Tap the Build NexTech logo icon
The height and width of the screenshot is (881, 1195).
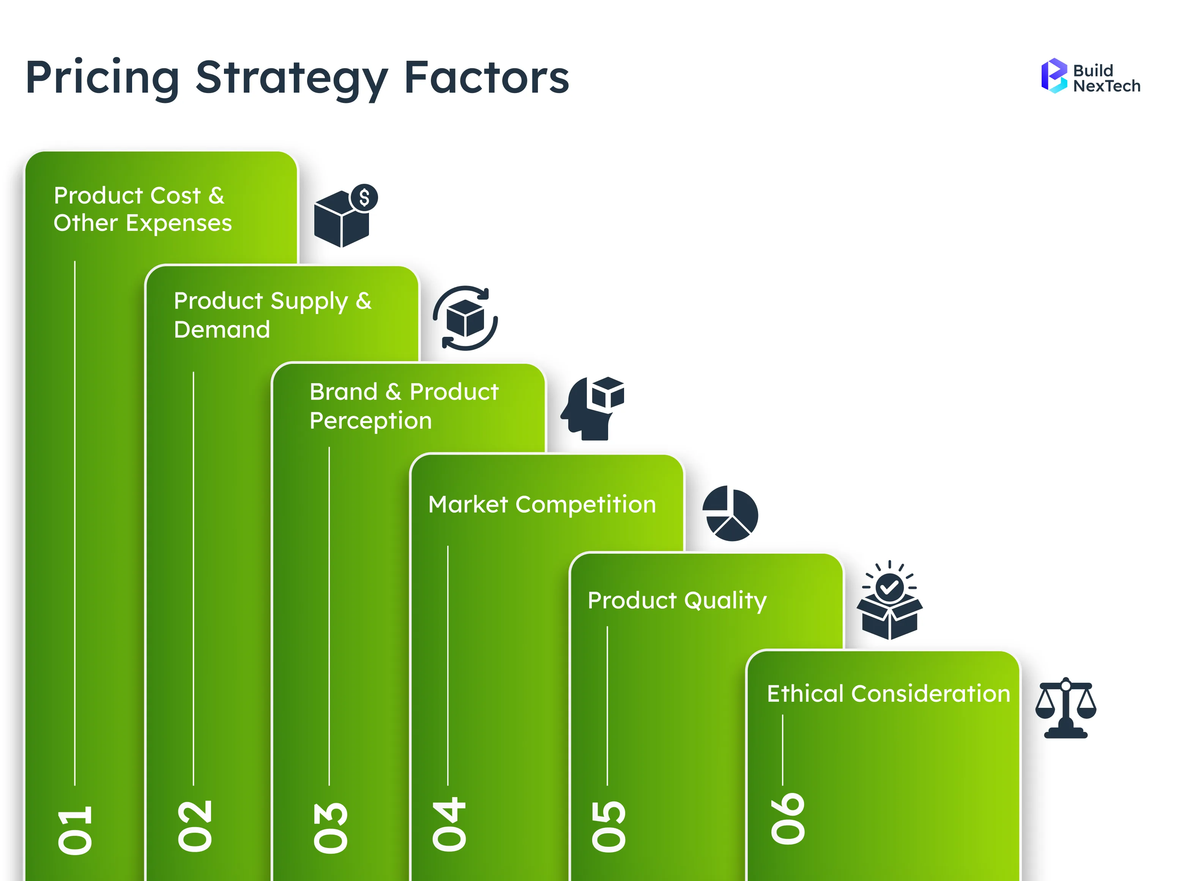point(1054,76)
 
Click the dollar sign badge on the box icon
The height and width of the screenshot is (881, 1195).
point(364,198)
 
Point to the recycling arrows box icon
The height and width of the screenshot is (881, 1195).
point(465,318)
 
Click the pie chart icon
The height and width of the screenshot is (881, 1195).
point(730,513)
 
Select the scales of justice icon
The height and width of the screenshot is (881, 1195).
point(1065,708)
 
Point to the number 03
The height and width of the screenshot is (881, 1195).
point(331,828)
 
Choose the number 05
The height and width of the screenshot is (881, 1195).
point(608,826)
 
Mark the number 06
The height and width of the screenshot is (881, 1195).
point(787,819)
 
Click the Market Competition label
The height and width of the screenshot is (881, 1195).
point(542,505)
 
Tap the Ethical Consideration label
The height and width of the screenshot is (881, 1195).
point(888,694)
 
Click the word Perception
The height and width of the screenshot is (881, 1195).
point(370,421)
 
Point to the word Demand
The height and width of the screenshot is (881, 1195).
point(222,330)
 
